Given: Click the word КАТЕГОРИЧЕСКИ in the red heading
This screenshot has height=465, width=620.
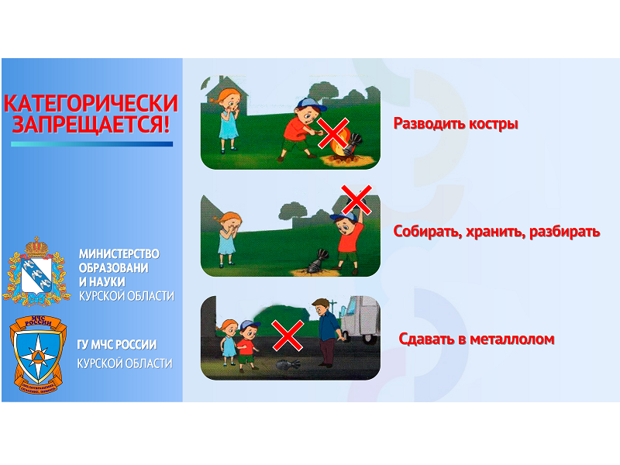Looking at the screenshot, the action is (x=91, y=104).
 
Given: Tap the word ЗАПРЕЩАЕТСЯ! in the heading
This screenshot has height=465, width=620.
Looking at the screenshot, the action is (x=91, y=124).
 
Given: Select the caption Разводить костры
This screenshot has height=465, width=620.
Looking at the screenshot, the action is (x=456, y=124).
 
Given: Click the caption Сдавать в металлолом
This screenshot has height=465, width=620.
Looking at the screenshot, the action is (x=477, y=339).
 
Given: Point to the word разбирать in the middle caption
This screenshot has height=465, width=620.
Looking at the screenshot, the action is (x=564, y=231).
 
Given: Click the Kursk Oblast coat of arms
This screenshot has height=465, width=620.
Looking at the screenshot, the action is (x=36, y=271).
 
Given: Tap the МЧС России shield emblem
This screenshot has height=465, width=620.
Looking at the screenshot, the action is (x=37, y=355).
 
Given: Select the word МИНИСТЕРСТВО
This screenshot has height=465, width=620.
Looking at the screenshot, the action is (x=119, y=254).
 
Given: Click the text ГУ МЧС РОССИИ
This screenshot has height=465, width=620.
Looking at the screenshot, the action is (x=117, y=345).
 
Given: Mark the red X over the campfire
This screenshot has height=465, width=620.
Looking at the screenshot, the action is (x=333, y=133).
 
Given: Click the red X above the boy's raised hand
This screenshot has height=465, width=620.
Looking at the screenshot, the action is (x=356, y=200).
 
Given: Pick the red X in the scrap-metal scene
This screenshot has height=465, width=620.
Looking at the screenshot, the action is (x=288, y=336).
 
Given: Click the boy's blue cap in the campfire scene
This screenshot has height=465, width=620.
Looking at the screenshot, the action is (x=311, y=105).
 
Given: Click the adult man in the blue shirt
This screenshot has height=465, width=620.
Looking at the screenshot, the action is (x=328, y=332).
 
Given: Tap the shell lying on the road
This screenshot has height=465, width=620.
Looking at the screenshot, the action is (x=287, y=364).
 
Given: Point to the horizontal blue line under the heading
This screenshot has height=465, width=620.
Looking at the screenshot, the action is (x=91, y=144).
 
